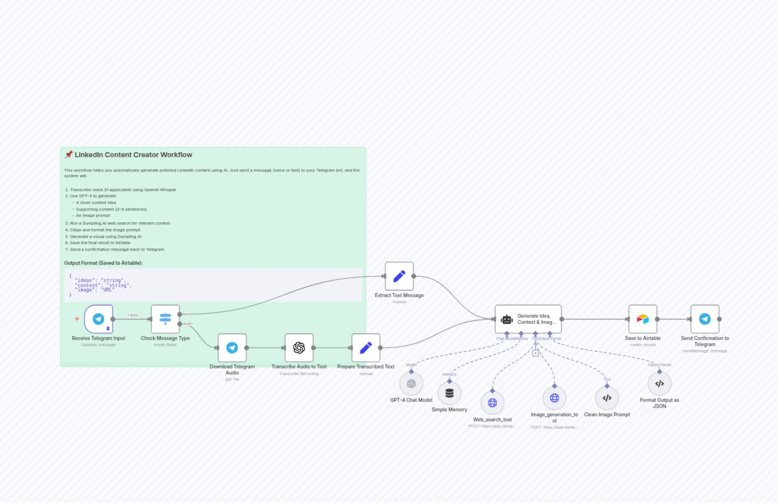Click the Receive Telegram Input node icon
click(x=98, y=319)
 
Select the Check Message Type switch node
click(x=165, y=319)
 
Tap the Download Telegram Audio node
click(x=232, y=348)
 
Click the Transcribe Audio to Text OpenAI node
click(x=299, y=348)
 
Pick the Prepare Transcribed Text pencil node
click(x=366, y=348)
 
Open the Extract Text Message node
click(x=399, y=276)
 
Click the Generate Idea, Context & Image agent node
click(x=528, y=319)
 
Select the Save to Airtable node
click(x=643, y=319)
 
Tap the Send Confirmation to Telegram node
click(x=704, y=319)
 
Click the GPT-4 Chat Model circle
click(x=411, y=383)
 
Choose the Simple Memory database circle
click(x=449, y=393)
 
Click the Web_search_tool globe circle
click(x=493, y=403)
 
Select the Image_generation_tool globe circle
click(x=554, y=398)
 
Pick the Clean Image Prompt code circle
click(x=607, y=398)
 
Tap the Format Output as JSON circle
click(x=660, y=383)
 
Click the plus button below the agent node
click(x=535, y=353)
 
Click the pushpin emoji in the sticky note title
click(x=68, y=154)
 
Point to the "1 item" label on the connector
click(x=133, y=315)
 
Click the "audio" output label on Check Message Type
click(x=188, y=324)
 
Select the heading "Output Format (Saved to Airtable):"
click(x=103, y=263)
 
